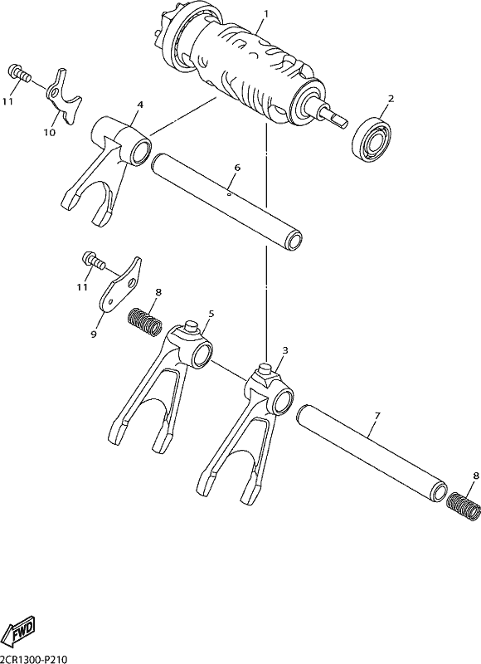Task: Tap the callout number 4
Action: click(140, 105)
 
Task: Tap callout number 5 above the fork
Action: click(211, 314)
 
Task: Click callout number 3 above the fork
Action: click(285, 350)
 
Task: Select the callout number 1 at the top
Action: click(266, 14)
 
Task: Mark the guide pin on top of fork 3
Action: click(265, 368)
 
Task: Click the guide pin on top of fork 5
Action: click(191, 327)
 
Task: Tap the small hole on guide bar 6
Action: click(229, 194)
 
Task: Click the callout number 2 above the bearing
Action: click(391, 99)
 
